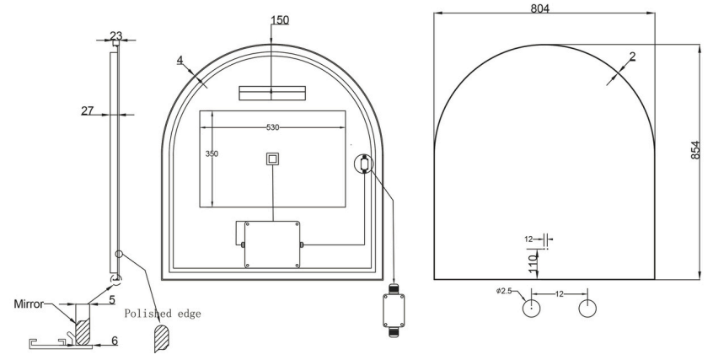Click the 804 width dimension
pyautogui.click(x=539, y=8)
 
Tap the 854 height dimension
pyautogui.click(x=695, y=150)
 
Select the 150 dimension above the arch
pyautogui.click(x=280, y=20)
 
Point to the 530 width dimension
pyautogui.click(x=272, y=127)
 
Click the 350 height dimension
pyautogui.click(x=212, y=153)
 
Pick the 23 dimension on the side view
pyautogui.click(x=116, y=35)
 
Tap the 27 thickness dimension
pyautogui.click(x=88, y=110)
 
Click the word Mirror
pyautogui.click(x=29, y=304)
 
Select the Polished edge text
pyautogui.click(x=163, y=314)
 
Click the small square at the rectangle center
pyautogui.click(x=272, y=159)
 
